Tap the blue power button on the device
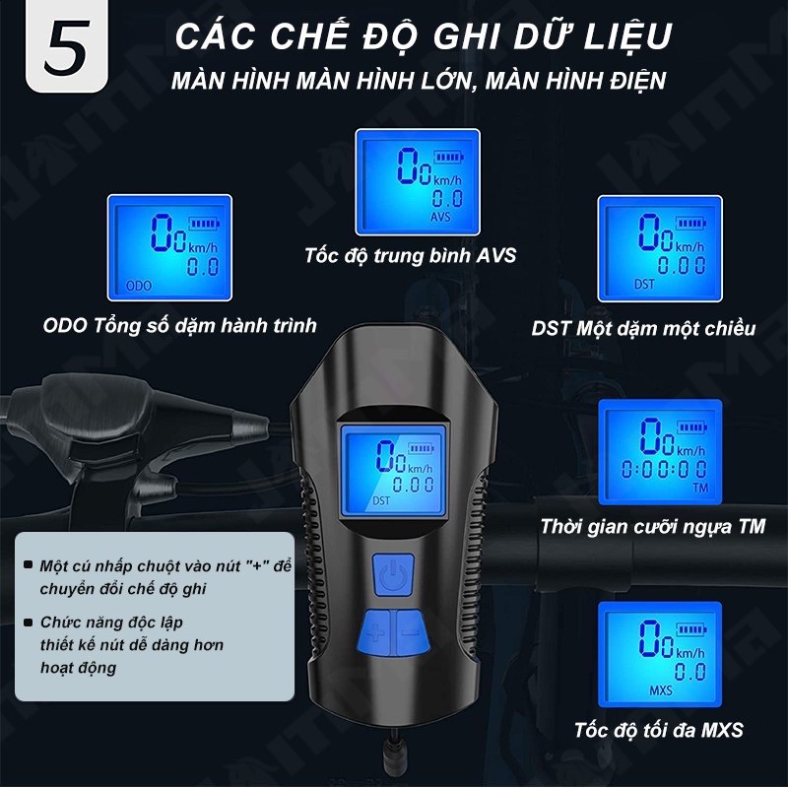coord(393,576)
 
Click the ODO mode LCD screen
coord(169,246)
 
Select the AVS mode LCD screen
coord(418,181)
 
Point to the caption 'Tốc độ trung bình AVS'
coord(411,257)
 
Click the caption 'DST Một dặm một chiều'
coord(643,328)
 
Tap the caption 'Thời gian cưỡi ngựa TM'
coord(651,526)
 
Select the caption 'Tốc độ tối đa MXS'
coord(658,730)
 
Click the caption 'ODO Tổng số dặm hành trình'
coord(180,325)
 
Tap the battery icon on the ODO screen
coord(206,223)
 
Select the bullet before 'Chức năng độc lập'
coord(31,623)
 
